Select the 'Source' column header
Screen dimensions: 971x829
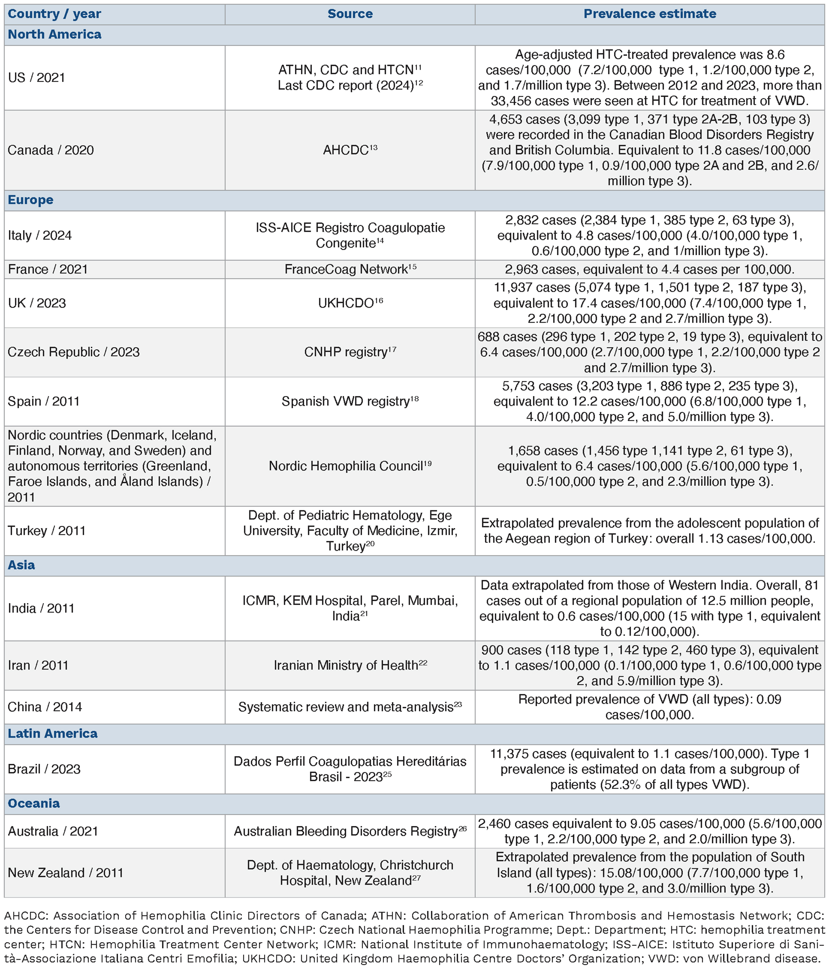(350, 14)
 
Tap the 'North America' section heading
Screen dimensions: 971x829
(55, 35)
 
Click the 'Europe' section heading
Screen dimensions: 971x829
(30, 200)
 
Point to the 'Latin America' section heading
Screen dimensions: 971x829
(53, 734)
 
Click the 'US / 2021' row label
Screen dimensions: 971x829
(37, 78)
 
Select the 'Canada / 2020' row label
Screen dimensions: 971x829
(50, 151)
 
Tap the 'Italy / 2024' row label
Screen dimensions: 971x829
(40, 235)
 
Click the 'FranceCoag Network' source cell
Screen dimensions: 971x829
(350, 269)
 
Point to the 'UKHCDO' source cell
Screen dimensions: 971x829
(350, 303)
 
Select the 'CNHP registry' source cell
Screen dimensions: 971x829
(350, 352)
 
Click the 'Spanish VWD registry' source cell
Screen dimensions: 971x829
(350, 402)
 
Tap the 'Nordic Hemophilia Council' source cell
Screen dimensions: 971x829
(350, 466)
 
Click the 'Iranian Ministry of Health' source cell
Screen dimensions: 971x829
(350, 665)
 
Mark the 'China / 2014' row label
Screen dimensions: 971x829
(44, 707)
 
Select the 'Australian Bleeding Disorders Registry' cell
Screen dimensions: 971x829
(350, 831)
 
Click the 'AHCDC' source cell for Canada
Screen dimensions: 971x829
(350, 151)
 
